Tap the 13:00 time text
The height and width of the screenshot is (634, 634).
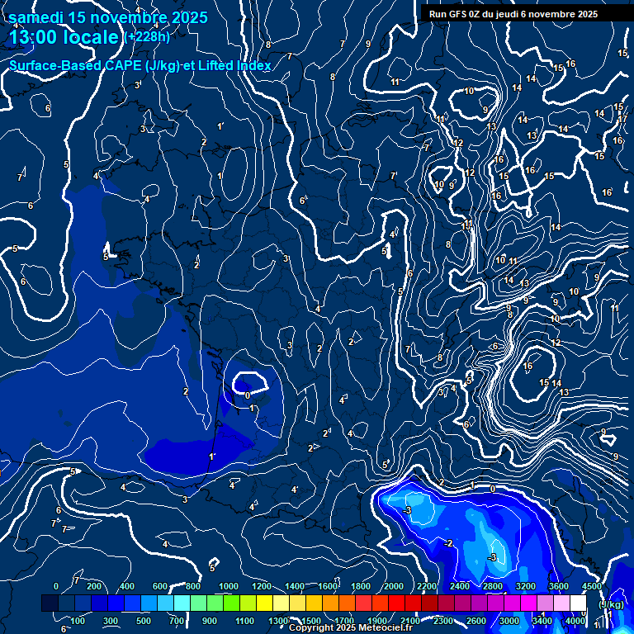(x=35, y=37)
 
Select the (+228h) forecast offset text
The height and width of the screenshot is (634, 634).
(x=147, y=37)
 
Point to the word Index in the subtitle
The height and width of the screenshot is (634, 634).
(x=254, y=65)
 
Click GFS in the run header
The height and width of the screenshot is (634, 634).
(x=461, y=14)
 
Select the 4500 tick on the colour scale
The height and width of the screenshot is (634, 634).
(x=591, y=586)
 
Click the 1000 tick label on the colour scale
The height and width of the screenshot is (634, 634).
(x=228, y=586)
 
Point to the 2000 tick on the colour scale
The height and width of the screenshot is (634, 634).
(x=394, y=586)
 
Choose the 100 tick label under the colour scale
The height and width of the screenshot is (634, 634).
(x=77, y=621)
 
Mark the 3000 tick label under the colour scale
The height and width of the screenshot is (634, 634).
(x=509, y=621)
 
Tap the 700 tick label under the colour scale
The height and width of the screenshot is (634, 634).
(x=177, y=621)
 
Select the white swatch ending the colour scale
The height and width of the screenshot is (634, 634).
(x=578, y=603)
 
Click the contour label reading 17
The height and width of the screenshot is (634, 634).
(x=622, y=119)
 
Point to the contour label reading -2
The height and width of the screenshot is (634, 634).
(x=447, y=543)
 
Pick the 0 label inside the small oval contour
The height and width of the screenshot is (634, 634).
(x=248, y=395)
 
